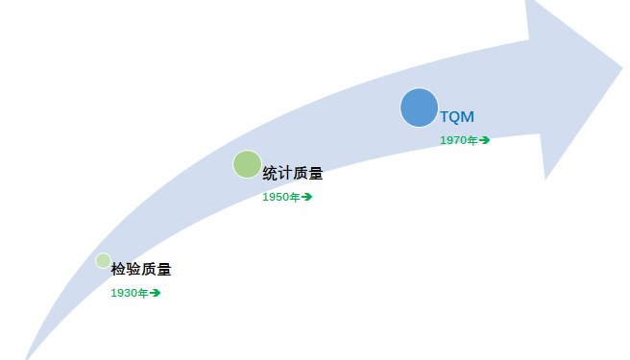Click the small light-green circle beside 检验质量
[x=103, y=260]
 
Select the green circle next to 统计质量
[x=247, y=164]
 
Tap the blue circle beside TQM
[x=419, y=107]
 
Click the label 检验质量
[x=140, y=270]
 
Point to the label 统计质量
[x=292, y=174]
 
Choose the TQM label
[x=457, y=117]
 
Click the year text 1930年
[x=130, y=293]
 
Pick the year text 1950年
[x=281, y=197]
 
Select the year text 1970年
[x=459, y=140]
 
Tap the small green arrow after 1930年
[x=156, y=293]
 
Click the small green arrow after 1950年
[x=307, y=197]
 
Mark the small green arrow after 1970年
[x=485, y=140]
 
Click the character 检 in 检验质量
[x=118, y=270]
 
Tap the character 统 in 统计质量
[x=270, y=174]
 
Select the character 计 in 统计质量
[x=285, y=174]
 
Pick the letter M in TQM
[x=468, y=117]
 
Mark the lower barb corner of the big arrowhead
[x=545, y=179]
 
